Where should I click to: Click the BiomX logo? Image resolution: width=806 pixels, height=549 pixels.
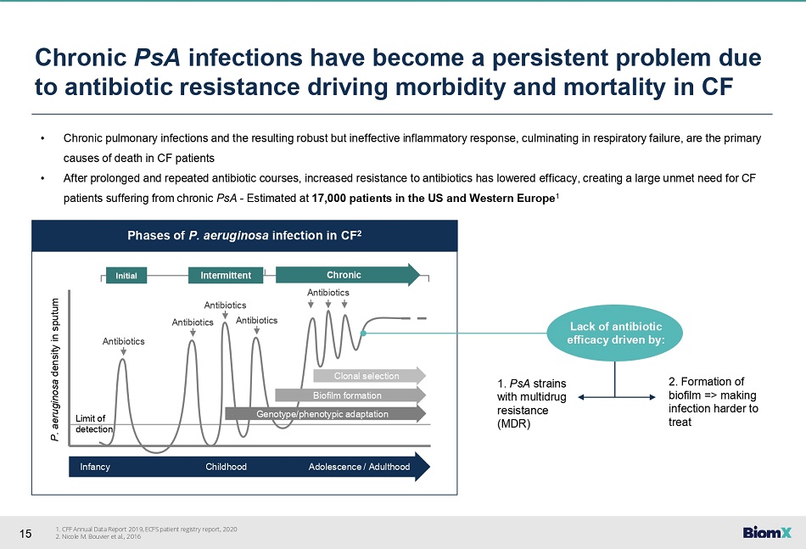coord(767,533)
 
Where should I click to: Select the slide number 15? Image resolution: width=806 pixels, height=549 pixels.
coord(25,534)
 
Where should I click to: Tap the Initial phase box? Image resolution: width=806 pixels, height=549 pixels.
coord(126,276)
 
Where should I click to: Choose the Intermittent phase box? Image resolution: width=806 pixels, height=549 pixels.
coord(226,276)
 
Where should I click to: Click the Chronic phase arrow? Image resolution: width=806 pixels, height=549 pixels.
coord(348,275)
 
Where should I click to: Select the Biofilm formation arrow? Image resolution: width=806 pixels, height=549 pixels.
coord(350,395)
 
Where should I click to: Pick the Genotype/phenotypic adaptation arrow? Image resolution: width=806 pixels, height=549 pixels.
coord(326,414)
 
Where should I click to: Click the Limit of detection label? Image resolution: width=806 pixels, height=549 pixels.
coord(94,423)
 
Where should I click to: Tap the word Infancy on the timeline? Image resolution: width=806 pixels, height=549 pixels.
coord(95,467)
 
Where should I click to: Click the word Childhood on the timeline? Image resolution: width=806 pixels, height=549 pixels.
coord(227,467)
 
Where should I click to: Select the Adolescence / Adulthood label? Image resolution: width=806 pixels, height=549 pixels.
coord(360,467)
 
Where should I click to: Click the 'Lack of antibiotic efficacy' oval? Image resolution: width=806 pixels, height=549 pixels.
coord(615,333)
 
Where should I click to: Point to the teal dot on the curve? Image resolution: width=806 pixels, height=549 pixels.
coord(363,333)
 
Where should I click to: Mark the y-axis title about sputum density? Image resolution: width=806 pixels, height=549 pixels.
coord(55,370)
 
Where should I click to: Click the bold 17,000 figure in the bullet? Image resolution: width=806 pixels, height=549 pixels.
coord(329,199)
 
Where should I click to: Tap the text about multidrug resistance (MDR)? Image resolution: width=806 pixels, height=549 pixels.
coord(531,404)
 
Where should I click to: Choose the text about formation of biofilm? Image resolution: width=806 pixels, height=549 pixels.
coord(713,402)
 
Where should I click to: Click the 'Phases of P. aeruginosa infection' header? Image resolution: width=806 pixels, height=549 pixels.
coord(244,235)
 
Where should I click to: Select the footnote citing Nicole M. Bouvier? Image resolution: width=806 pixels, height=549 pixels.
coord(98,536)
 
